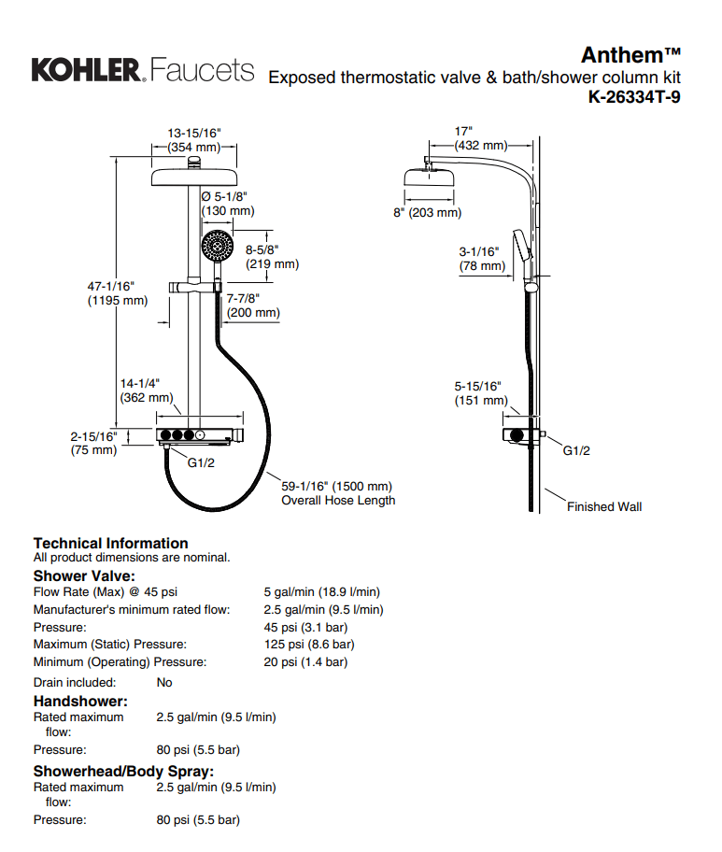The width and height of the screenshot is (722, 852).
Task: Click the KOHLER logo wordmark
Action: (87, 69)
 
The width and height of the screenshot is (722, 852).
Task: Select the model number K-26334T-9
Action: (634, 96)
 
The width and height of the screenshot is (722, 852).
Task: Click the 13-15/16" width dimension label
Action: (194, 139)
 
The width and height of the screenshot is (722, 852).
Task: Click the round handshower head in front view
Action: (217, 247)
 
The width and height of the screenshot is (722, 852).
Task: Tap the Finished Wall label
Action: (604, 506)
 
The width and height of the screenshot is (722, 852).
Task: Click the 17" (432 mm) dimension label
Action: (480, 138)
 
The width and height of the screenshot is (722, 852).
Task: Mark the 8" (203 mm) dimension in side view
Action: (427, 213)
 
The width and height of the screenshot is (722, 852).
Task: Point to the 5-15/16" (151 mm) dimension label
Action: (479, 392)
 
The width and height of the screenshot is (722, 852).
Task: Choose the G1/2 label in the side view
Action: (576, 450)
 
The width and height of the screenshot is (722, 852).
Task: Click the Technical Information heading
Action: (110, 543)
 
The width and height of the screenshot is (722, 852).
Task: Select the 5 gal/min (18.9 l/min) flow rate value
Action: (321, 591)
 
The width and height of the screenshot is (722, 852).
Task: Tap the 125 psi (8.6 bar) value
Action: (308, 645)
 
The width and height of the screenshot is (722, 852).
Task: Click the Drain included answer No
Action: (164, 682)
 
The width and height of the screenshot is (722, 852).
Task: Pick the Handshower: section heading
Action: (80, 701)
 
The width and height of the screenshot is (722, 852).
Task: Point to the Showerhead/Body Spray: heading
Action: (123, 771)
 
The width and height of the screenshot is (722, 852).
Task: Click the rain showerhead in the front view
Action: (194, 177)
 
